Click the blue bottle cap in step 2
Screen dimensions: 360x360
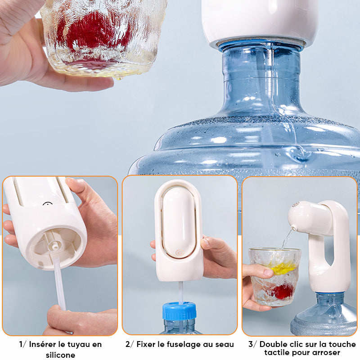pos(179,311)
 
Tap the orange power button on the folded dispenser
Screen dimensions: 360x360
pos(179,252)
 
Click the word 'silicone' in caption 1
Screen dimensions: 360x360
pos(60,355)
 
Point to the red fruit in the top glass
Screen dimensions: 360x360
pos(94,32)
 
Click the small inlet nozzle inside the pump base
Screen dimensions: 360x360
pos(54,246)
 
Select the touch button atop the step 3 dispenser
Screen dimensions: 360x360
pos(295,204)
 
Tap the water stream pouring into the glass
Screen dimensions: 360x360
pos(288,239)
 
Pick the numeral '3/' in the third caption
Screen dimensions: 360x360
pos(253,344)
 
